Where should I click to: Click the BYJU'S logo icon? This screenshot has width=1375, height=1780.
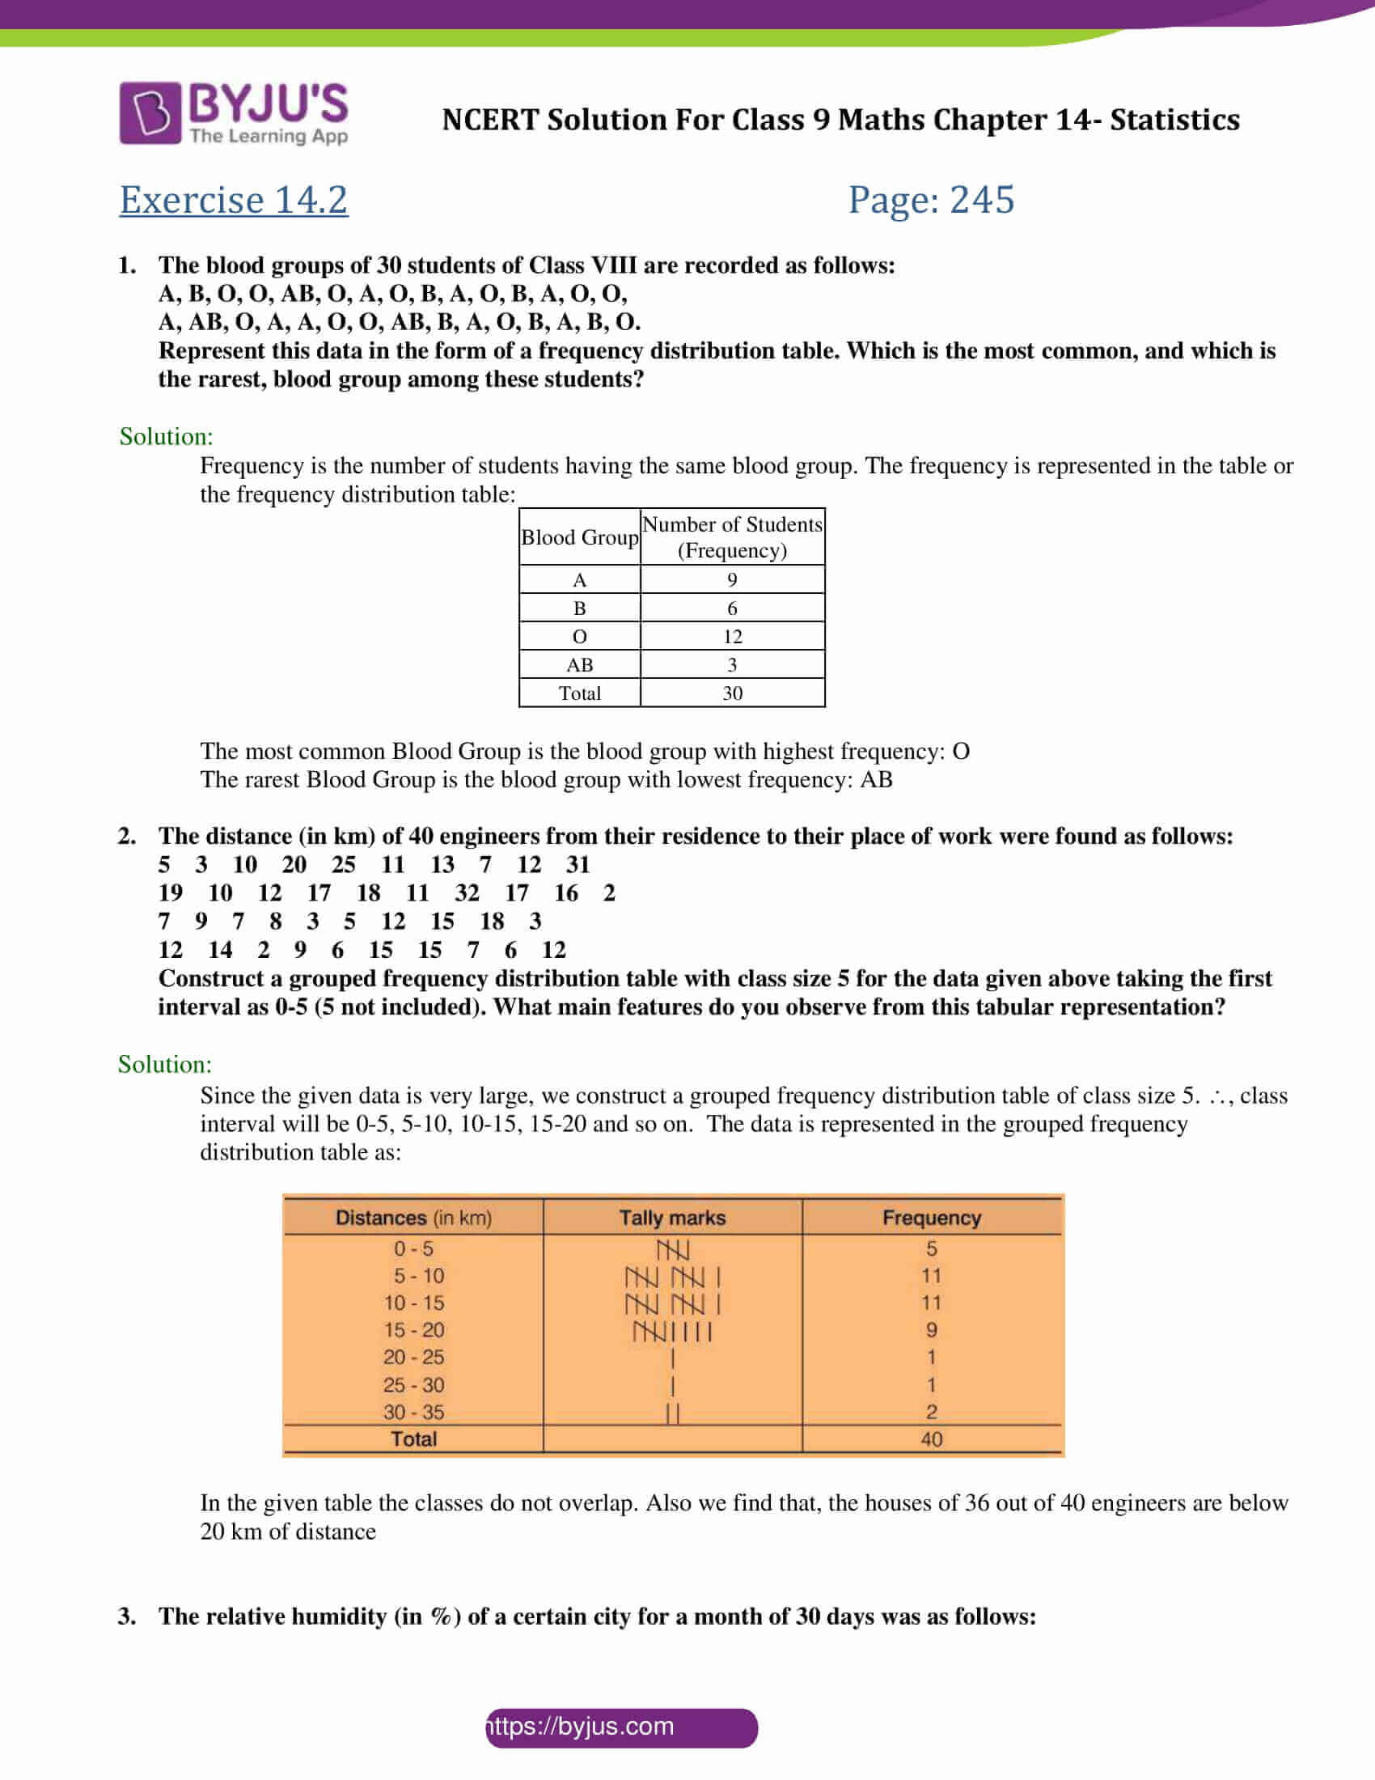pyautogui.click(x=150, y=112)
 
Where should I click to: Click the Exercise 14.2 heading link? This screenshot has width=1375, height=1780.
pyautogui.click(x=234, y=200)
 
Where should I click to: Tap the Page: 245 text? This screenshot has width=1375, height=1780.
pyautogui.click(x=931, y=200)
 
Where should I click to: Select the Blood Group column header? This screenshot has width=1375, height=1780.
pyautogui.click(x=579, y=537)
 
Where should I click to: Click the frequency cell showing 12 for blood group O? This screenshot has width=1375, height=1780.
pyautogui.click(x=731, y=637)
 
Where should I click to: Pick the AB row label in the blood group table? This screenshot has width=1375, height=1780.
pyautogui.click(x=579, y=665)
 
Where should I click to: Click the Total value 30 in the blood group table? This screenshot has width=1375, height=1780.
pyautogui.click(x=731, y=693)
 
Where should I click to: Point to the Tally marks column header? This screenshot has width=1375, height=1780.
pyautogui.click(x=672, y=1218)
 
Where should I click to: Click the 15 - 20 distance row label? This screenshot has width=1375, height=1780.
pyautogui.click(x=414, y=1330)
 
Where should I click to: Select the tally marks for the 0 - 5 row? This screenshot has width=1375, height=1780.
pyautogui.click(x=673, y=1249)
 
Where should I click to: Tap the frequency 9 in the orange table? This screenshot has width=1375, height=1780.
pyautogui.click(x=931, y=1330)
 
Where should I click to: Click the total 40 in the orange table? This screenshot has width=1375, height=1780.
pyautogui.click(x=931, y=1439)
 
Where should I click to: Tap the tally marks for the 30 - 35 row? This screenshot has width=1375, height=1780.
pyautogui.click(x=673, y=1413)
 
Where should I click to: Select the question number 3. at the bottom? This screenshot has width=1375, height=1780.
pyautogui.click(x=127, y=1617)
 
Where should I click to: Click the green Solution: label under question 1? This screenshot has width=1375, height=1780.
pyautogui.click(x=166, y=437)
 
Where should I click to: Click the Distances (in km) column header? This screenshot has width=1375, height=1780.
pyautogui.click(x=414, y=1218)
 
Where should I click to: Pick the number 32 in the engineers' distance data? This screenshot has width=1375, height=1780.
pyautogui.click(x=467, y=893)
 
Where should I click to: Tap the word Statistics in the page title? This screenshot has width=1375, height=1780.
pyautogui.click(x=1174, y=120)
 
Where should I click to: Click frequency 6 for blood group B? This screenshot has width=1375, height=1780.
pyautogui.click(x=731, y=608)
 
